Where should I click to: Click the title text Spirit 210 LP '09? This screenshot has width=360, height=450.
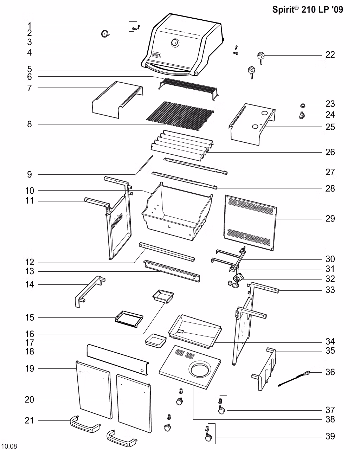(x=307, y=9)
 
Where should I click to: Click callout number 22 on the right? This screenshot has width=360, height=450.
(x=330, y=55)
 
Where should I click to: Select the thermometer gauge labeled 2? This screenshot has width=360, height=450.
(x=105, y=34)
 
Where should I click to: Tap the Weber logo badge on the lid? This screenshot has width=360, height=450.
(x=156, y=55)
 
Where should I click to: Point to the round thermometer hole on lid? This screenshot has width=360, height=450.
(x=175, y=43)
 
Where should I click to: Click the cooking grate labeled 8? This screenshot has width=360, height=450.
(x=179, y=114)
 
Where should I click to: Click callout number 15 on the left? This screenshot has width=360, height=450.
(x=30, y=318)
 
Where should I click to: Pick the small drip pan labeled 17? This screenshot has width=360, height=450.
(x=156, y=341)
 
